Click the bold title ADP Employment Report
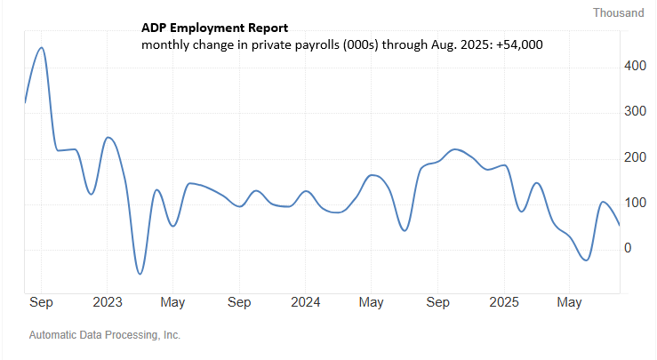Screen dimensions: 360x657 coord(213,29)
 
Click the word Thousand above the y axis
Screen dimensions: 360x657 coord(619,12)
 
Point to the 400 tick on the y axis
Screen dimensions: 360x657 coord(634,66)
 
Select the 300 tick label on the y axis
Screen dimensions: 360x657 coord(634,111)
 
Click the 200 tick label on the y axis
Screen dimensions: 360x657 coord(634,157)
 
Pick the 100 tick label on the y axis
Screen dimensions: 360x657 coord(634,203)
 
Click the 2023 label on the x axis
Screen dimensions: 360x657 coord(107,302)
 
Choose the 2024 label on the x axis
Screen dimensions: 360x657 coord(305,302)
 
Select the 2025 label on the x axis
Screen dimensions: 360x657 coord(504,302)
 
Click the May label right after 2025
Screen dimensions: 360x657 coord(569,302)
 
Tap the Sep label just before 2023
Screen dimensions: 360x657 coord(41,302)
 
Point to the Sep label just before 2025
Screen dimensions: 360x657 coord(437,302)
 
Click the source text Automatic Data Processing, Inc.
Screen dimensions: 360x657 coord(105,335)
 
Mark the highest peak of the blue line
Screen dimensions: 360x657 coord(42,48)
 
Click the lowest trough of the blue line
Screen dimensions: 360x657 coord(139,274)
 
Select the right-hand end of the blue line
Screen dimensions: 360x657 coord(620,225)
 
